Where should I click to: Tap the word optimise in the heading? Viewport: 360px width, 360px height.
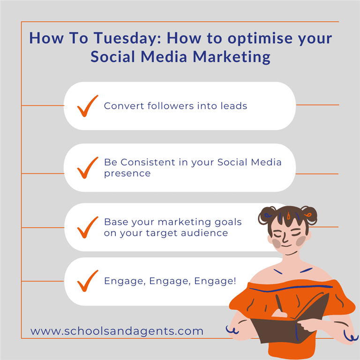(x=260, y=38)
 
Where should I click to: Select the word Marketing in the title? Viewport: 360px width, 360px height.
(x=232, y=57)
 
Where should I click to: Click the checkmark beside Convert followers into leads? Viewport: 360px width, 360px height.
(x=88, y=106)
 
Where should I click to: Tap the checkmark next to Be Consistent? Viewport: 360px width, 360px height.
(x=88, y=168)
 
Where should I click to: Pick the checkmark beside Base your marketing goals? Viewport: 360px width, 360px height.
(x=88, y=227)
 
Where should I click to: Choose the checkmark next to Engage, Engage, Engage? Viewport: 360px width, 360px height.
(x=88, y=281)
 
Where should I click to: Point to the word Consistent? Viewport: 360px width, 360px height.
(x=148, y=162)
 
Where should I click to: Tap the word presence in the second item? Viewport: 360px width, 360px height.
(x=127, y=173)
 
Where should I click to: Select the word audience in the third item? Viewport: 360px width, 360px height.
(x=204, y=233)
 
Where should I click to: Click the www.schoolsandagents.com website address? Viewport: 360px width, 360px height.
(x=117, y=331)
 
